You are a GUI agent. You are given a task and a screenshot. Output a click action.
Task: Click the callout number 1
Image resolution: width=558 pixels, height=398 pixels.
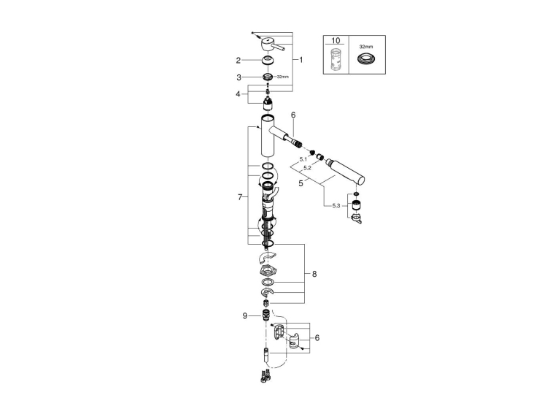click(x=301, y=60)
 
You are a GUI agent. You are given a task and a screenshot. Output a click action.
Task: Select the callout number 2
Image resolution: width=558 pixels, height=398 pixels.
click(x=238, y=61)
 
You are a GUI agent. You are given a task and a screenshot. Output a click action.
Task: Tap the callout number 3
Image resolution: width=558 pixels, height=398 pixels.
click(x=239, y=77)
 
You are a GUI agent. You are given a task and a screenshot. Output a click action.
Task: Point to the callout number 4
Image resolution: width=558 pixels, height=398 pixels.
click(x=238, y=94)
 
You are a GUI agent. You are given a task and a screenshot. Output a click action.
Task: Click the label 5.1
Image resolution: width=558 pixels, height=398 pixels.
click(x=303, y=159)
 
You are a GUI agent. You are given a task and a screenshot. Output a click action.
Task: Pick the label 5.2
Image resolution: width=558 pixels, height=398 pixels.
click(x=308, y=168)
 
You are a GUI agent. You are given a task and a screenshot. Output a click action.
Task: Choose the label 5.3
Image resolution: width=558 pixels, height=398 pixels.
click(x=336, y=206)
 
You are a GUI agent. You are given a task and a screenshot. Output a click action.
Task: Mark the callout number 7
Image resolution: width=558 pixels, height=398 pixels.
click(x=240, y=197)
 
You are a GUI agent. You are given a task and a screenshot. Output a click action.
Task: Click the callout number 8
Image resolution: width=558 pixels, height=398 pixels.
click(x=314, y=274)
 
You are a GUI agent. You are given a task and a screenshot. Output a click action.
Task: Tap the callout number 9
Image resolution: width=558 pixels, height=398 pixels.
click(x=245, y=315)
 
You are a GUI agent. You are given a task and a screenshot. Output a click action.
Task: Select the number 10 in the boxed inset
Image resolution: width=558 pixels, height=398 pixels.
click(x=336, y=41)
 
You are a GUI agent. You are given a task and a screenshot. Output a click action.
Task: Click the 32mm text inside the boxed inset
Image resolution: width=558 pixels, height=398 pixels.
click(x=366, y=47)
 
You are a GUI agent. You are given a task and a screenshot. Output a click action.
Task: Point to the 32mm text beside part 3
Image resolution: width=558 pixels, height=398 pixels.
click(x=283, y=77)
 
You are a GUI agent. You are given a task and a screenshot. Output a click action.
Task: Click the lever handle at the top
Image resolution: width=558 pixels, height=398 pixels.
click(x=272, y=45)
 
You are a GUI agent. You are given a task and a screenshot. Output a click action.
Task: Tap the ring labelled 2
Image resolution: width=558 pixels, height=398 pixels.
click(x=268, y=60)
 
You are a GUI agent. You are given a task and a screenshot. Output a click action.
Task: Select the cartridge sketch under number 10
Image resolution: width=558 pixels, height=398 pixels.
click(x=336, y=58)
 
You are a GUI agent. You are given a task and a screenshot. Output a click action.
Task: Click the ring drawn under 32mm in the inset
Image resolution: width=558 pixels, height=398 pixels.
click(x=366, y=58)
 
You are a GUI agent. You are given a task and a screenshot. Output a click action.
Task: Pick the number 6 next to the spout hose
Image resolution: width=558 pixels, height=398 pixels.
click(x=293, y=115)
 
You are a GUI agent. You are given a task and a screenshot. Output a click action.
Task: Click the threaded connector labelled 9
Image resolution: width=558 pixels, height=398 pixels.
click(x=266, y=315)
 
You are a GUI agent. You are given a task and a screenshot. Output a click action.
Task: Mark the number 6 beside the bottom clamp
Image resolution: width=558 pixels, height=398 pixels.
click(x=317, y=338)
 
